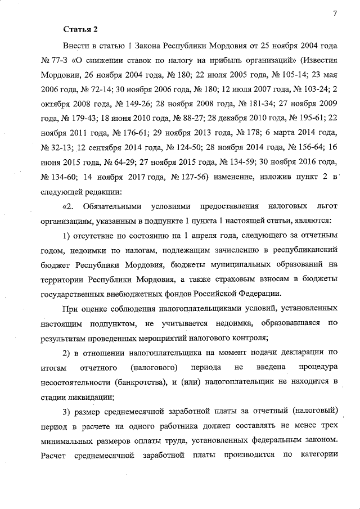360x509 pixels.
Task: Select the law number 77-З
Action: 57,59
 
